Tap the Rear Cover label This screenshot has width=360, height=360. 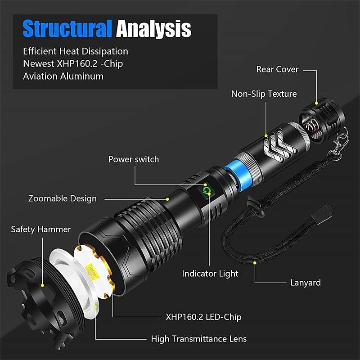point(277,69)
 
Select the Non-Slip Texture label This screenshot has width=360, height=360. point(264,94)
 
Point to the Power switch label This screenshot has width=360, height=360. point(133,159)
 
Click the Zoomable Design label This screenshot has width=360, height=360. point(62,198)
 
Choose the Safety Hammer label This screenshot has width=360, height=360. point(41,229)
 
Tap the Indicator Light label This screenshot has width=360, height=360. point(210,273)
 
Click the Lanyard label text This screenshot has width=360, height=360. point(305,283)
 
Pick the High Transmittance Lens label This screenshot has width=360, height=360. point(198,339)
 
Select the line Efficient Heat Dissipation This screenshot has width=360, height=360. point(76,51)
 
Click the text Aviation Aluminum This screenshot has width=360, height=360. point(63,76)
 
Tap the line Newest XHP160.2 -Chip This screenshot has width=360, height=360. point(73,63)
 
